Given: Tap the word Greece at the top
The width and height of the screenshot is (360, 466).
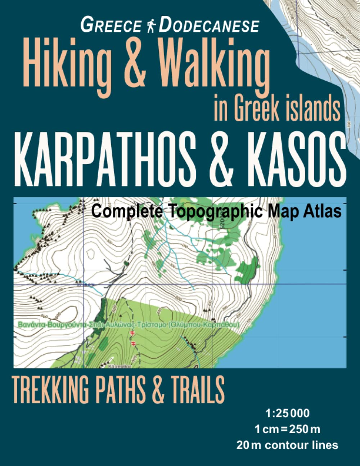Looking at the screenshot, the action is pyautogui.click(x=112, y=26).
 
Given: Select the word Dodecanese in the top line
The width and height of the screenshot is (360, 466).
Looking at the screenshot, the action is pyautogui.click(x=208, y=26).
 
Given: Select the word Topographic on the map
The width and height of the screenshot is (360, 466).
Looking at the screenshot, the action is pyautogui.click(x=213, y=211).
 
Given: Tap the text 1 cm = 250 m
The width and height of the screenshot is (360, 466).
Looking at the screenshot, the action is pyautogui.click(x=287, y=429).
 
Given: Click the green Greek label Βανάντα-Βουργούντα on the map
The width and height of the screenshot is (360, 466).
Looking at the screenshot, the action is pyautogui.click(x=50, y=324).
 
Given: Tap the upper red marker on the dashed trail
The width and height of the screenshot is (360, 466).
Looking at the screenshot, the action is pyautogui.click(x=132, y=334).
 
